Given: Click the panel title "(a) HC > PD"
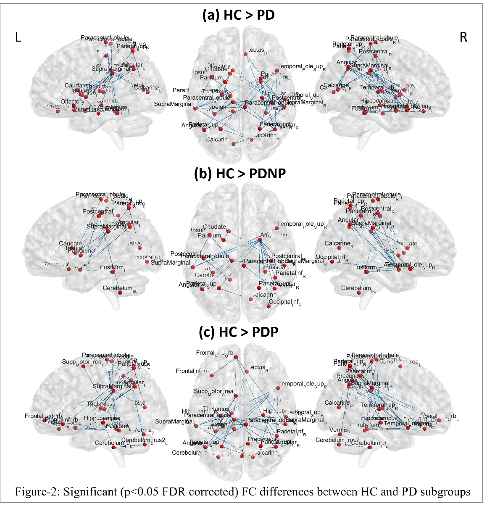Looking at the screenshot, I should (238, 15).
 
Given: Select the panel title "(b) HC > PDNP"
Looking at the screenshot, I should (240, 173).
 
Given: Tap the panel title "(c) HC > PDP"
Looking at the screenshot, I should (238, 332).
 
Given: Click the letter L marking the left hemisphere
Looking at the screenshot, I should (18, 37).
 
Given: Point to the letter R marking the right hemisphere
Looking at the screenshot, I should (463, 37).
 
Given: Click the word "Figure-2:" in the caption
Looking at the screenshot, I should (37, 491).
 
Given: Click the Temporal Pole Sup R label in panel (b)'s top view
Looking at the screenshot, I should (302, 224).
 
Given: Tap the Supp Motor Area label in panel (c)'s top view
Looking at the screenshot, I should (213, 391).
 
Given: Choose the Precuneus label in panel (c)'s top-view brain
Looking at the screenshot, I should (261, 439).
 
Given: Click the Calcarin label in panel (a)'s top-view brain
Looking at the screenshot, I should (217, 140).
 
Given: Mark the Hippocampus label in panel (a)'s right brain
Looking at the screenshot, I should (378, 101).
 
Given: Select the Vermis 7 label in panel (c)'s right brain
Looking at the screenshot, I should (339, 430).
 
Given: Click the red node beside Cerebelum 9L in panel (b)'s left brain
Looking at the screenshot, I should (120, 293).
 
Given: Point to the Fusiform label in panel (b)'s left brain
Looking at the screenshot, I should (112, 267).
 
